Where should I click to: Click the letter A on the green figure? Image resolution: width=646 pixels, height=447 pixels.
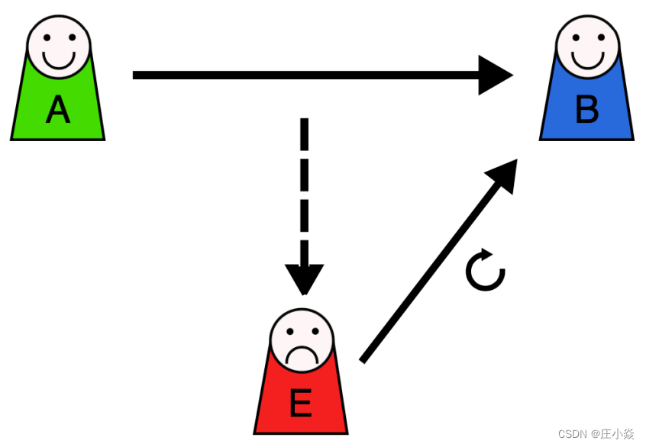57,111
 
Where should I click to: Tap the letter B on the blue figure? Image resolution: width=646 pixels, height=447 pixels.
586,111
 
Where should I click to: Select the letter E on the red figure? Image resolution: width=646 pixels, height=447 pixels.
301,404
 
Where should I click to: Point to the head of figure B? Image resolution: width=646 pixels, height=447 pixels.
587,45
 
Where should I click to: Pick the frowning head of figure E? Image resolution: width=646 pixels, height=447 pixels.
302,340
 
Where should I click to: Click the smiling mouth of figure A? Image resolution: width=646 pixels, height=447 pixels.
59,59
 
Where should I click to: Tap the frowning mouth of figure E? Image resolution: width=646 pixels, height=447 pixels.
302,355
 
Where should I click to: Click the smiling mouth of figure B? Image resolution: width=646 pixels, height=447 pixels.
587,59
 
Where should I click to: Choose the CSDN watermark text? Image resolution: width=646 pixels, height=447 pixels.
596,434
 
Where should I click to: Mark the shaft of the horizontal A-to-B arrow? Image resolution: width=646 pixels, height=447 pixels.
305,75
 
